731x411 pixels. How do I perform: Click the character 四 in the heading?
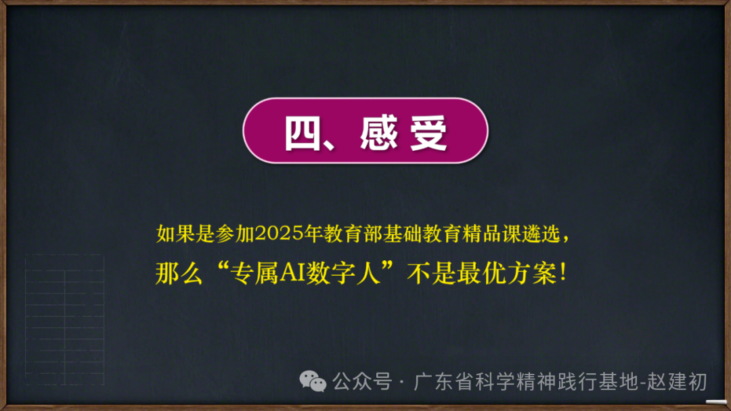(x=302, y=134)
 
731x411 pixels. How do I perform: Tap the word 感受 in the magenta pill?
(x=403, y=133)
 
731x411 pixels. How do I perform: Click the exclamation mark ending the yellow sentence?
(x=563, y=272)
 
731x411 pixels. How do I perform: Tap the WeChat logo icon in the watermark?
(x=313, y=381)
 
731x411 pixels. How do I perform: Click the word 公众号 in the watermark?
(x=362, y=381)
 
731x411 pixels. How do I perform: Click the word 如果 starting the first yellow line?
(x=175, y=234)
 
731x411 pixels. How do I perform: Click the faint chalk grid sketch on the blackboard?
(x=64, y=319)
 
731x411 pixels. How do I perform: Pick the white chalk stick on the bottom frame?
(x=716, y=402)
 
